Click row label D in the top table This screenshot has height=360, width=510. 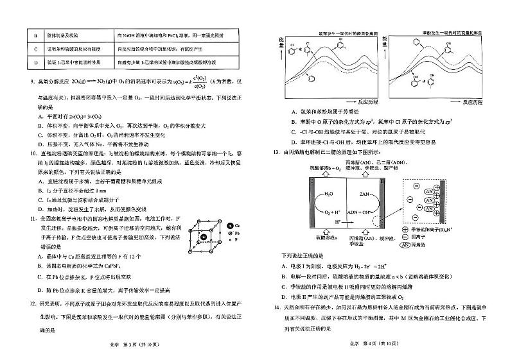(x=21, y=62)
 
